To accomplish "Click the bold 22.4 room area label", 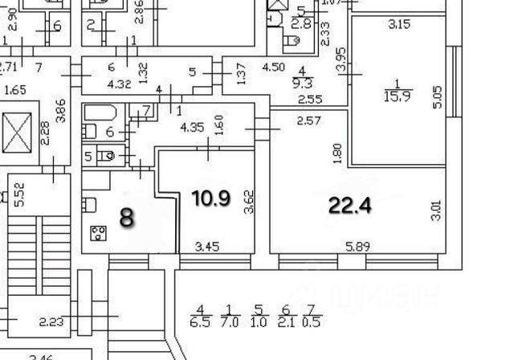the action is (x=350, y=206).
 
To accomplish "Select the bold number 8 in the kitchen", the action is (x=127, y=216).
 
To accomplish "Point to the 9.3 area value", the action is (x=304, y=83).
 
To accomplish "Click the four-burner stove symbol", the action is (x=100, y=234).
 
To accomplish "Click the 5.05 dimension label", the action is (x=437, y=97).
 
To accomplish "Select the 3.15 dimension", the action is (x=398, y=24).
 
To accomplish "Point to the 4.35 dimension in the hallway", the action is (x=191, y=127).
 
